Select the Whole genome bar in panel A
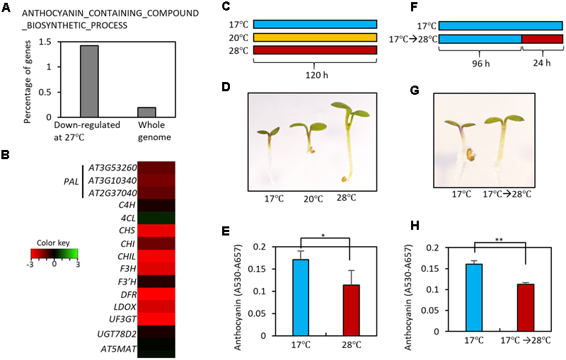tap(146, 112)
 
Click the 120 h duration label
tap(316, 74)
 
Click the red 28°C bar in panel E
tap(350, 310)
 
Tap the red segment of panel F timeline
tap(542, 38)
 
